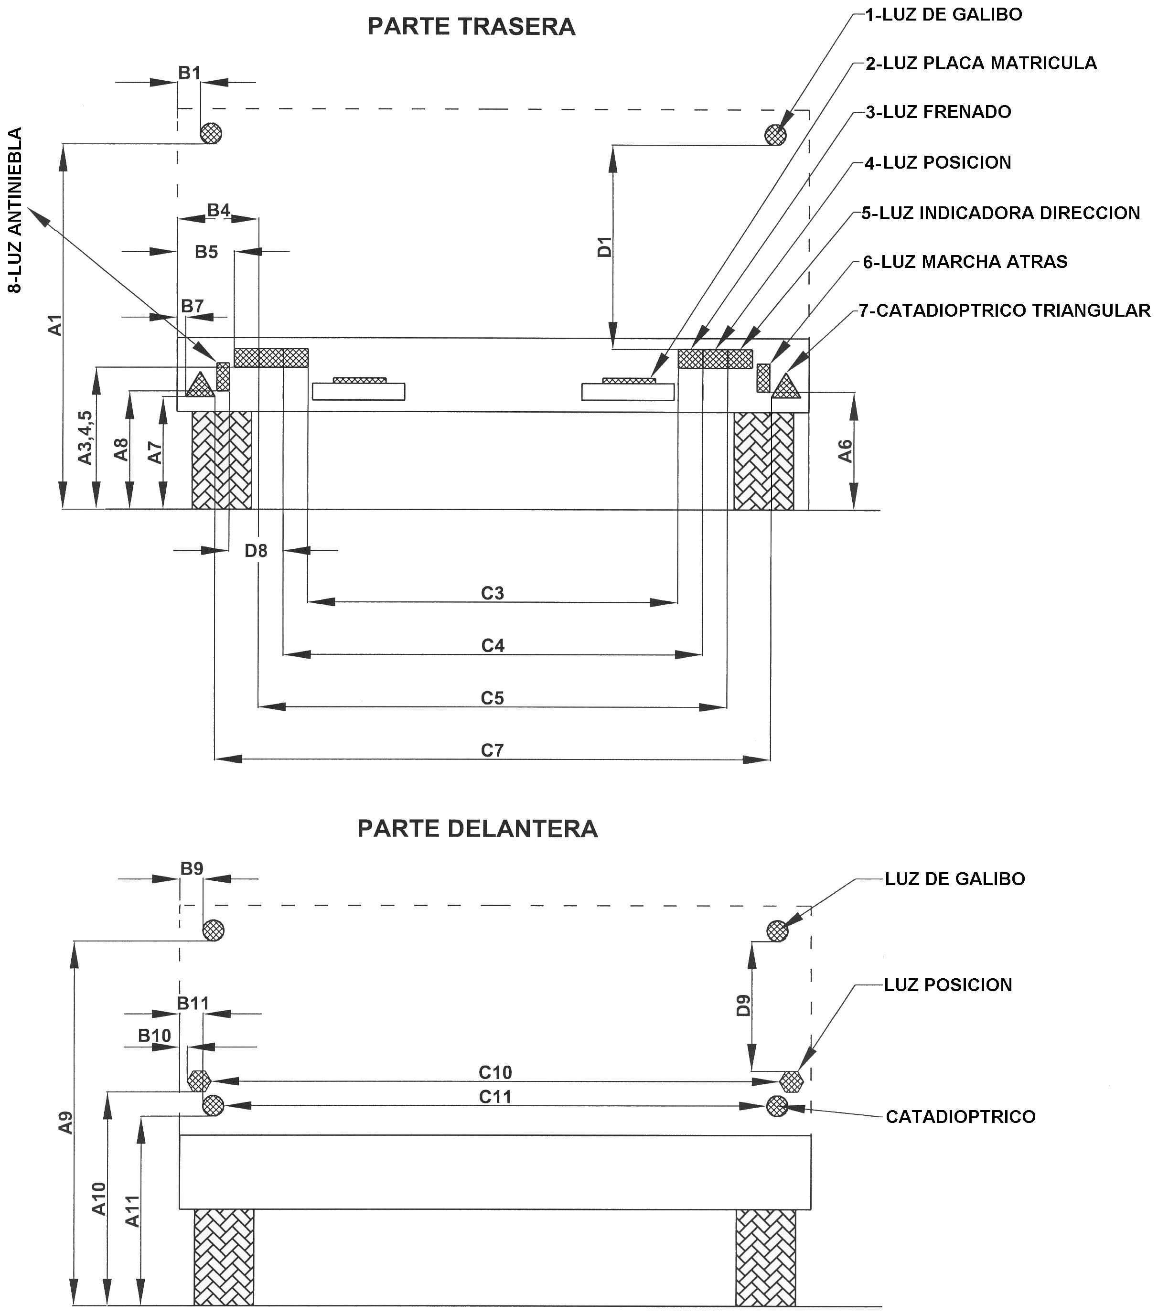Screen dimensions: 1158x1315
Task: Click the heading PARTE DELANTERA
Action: (x=477, y=829)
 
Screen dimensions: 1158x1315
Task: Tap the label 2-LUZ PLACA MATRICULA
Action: (x=981, y=63)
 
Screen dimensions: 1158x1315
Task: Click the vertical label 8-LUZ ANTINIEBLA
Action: (x=15, y=210)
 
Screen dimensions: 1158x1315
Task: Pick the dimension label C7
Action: (x=492, y=750)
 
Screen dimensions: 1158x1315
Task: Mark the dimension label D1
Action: (x=605, y=247)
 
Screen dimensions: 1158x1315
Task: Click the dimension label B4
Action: (x=219, y=210)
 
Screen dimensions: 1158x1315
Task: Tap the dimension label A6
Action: (x=846, y=451)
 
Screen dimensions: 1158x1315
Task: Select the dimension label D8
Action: (x=256, y=551)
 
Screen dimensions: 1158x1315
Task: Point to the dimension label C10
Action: (x=495, y=1072)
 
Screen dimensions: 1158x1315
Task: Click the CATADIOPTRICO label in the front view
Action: (x=961, y=1117)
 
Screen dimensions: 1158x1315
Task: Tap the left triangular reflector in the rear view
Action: (x=199, y=385)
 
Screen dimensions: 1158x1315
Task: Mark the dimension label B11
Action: (x=193, y=1003)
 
